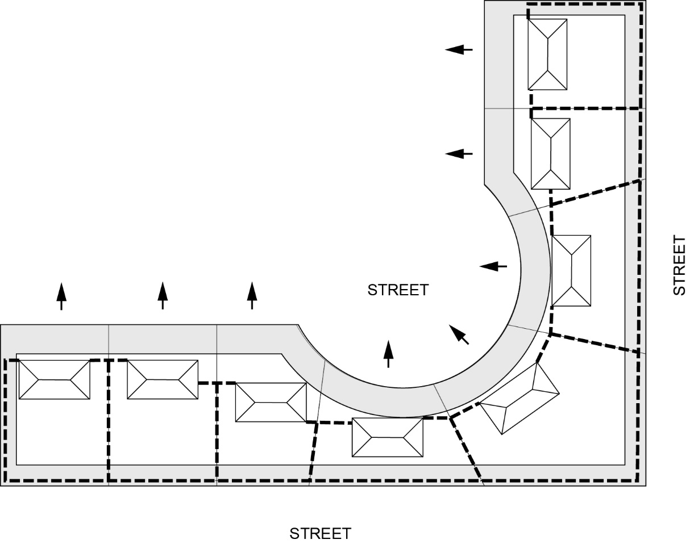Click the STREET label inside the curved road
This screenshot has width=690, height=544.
(398, 290)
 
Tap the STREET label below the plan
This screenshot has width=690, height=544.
(321, 534)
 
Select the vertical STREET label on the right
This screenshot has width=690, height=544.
(679, 265)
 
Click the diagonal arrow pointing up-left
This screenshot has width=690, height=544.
(459, 334)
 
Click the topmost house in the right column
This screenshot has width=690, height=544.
(547, 55)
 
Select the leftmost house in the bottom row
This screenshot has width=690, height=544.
(55, 379)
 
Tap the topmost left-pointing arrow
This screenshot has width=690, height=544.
(459, 50)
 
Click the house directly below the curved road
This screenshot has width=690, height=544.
(388, 437)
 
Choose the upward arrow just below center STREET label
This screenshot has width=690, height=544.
(388, 354)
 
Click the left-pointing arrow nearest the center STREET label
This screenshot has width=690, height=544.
(493, 266)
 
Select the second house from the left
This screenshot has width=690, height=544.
(163, 379)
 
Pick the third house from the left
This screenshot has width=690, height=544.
(271, 402)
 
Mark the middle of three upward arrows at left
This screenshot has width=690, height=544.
(163, 295)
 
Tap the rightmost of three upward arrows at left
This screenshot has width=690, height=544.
(252, 295)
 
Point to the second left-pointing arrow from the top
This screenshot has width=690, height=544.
(459, 153)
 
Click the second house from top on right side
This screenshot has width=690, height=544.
(550, 153)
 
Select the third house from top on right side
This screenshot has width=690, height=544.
(571, 271)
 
